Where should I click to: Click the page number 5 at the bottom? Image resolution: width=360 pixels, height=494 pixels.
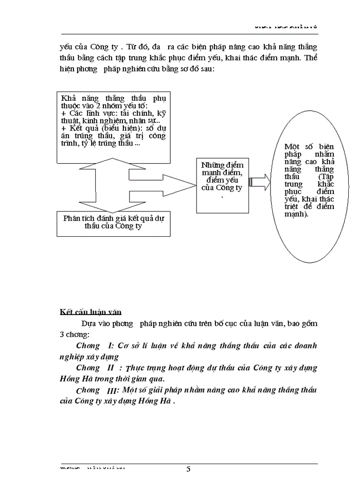(x=188, y=469)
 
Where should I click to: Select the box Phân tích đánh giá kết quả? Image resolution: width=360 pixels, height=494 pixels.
(x=113, y=222)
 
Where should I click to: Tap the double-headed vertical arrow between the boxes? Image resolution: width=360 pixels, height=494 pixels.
(x=114, y=184)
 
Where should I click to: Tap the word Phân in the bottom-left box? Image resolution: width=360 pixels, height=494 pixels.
(x=71, y=218)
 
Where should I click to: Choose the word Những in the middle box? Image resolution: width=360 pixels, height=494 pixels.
(x=213, y=165)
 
